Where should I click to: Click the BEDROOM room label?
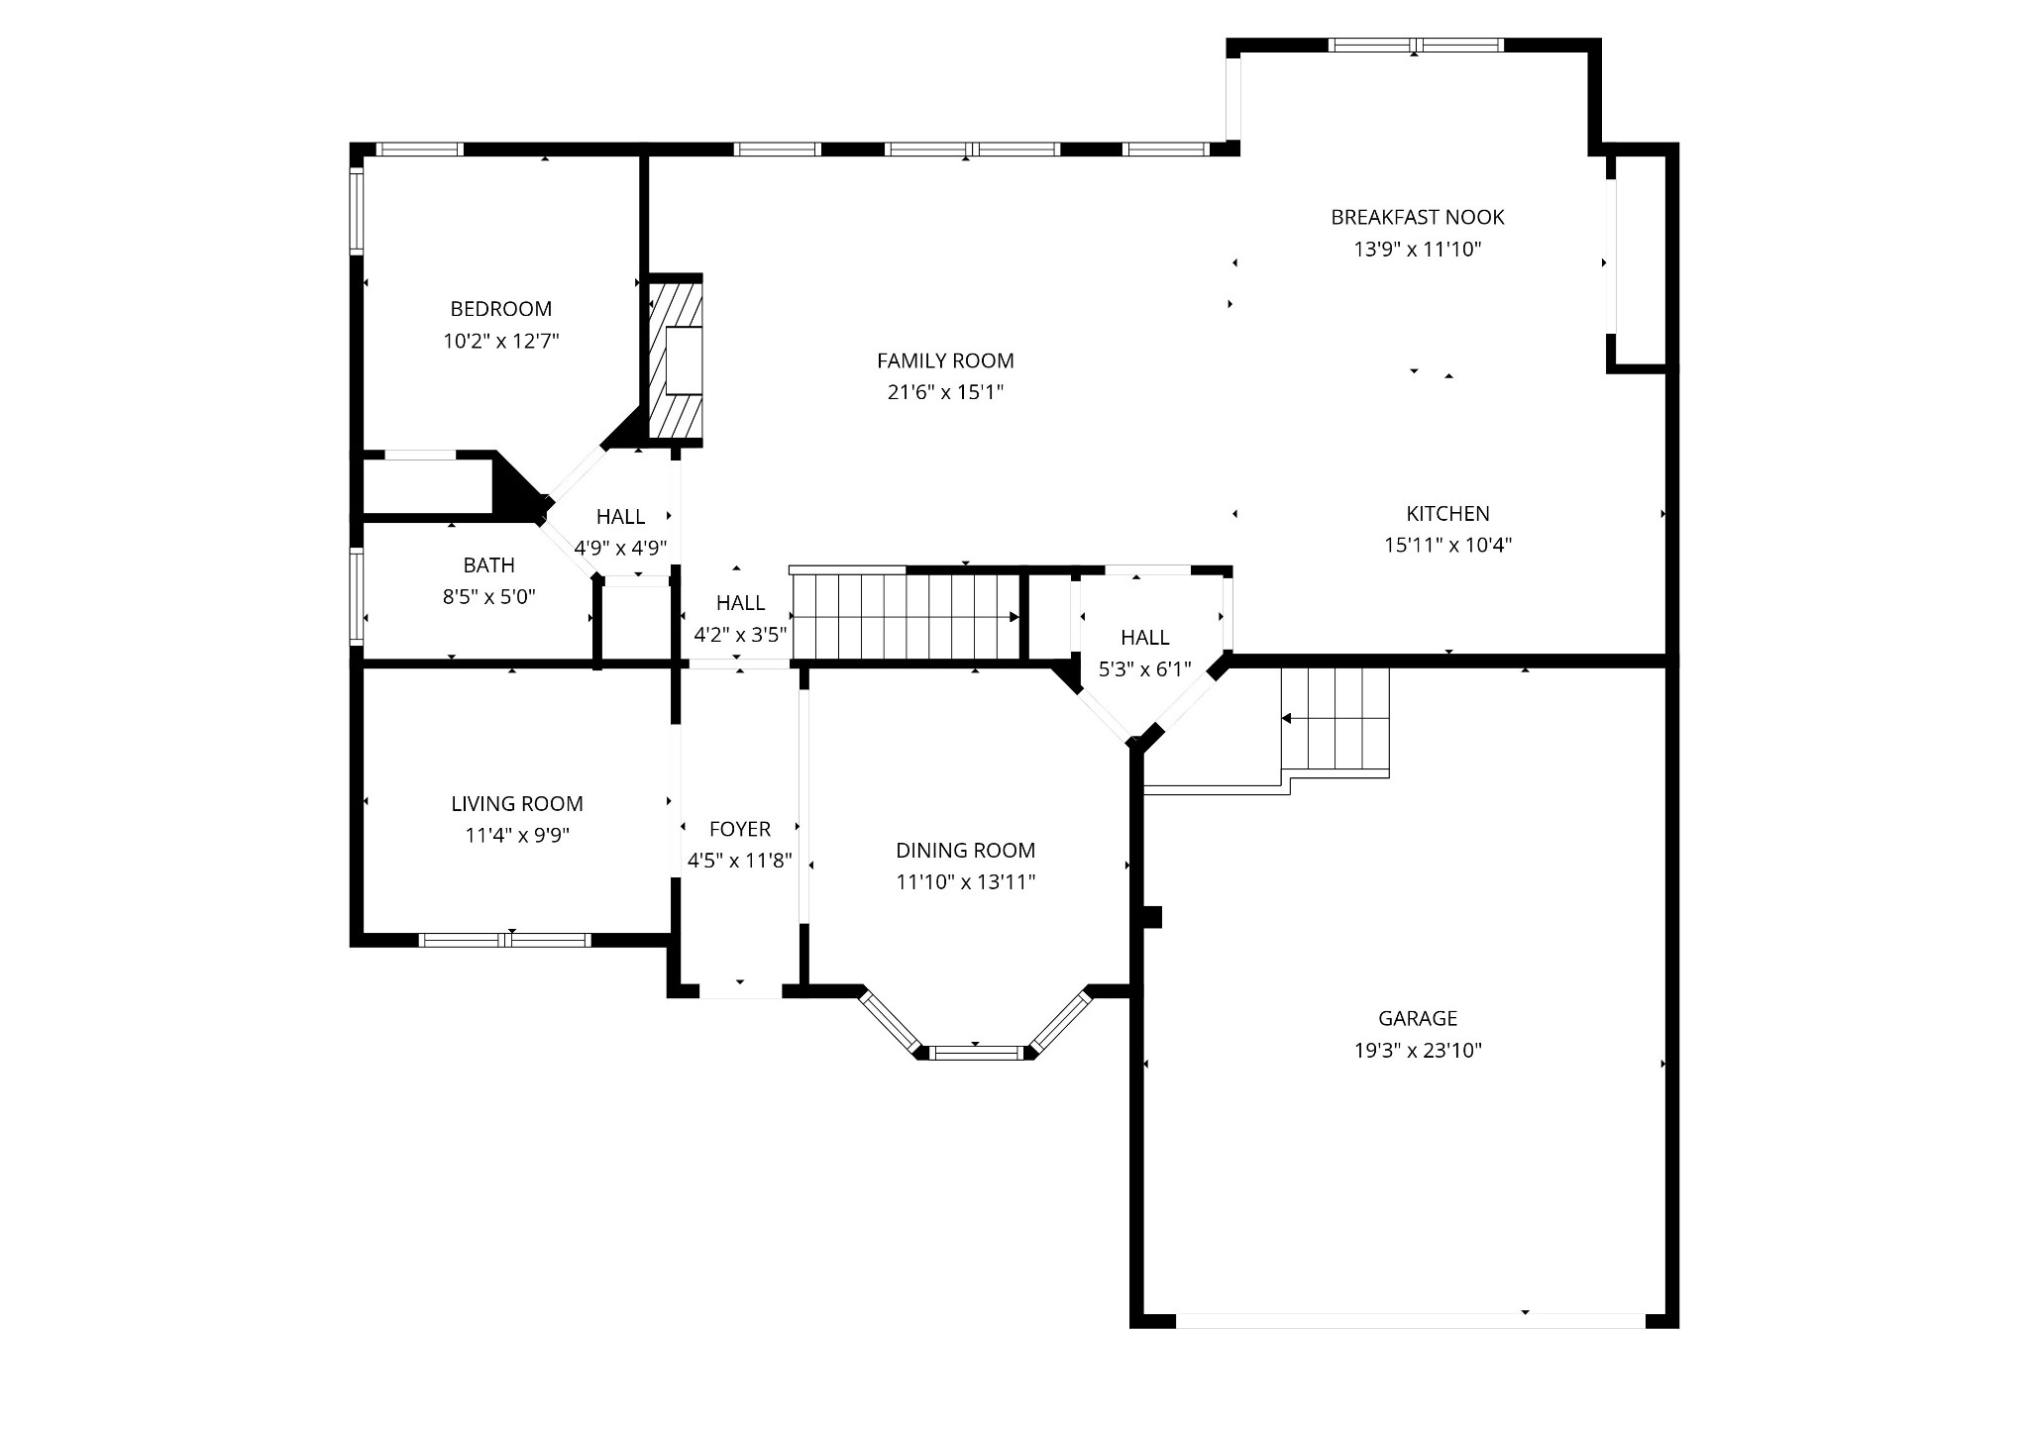(x=500, y=309)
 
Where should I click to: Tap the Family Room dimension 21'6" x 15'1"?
(x=945, y=392)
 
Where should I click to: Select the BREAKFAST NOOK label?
(x=1417, y=217)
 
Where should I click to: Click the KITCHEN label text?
(x=1447, y=513)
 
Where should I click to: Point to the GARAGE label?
(x=1417, y=1018)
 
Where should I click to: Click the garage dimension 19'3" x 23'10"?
(x=1417, y=1051)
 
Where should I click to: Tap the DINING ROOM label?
(x=965, y=850)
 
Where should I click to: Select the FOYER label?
(x=739, y=829)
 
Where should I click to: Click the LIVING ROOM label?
(x=516, y=804)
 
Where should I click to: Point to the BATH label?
(x=488, y=565)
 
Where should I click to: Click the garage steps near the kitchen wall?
(x=1335, y=719)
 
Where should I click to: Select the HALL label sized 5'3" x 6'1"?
(x=1144, y=638)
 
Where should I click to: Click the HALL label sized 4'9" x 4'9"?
(x=620, y=516)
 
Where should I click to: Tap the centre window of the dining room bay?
(x=976, y=1052)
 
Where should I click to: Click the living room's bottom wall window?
(x=505, y=940)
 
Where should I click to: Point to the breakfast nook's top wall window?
(x=1415, y=46)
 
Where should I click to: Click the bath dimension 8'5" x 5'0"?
(x=488, y=597)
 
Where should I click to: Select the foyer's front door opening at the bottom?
(x=740, y=991)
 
